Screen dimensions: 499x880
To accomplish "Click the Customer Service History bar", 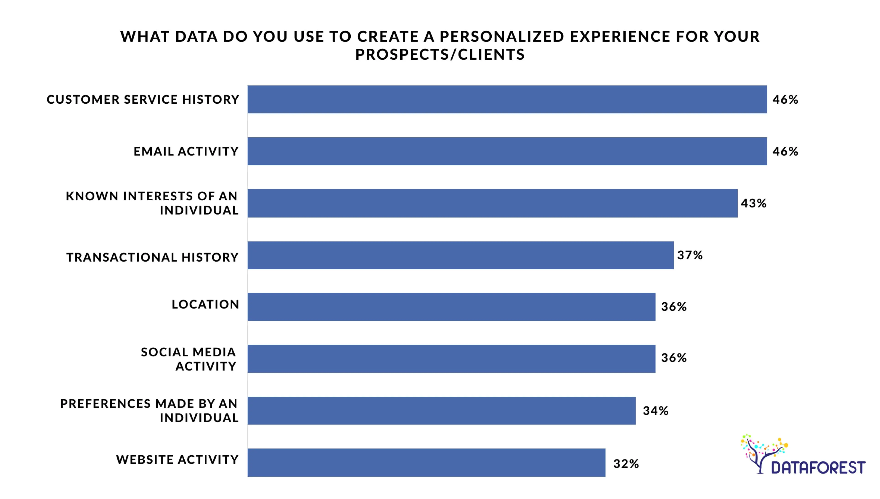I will [507, 99].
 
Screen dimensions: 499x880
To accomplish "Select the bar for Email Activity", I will [507, 151].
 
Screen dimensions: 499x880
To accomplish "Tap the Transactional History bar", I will [460, 255].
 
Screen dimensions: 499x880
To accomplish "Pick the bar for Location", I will [451, 307].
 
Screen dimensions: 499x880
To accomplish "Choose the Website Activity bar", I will [426, 462].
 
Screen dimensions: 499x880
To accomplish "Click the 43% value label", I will [753, 203].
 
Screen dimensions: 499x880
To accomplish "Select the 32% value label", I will [626, 464].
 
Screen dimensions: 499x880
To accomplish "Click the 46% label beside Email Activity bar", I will [785, 151].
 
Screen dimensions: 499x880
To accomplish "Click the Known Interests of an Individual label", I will [152, 203].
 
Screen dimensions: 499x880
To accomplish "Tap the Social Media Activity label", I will [188, 359].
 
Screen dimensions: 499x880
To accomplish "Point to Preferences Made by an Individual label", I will [149, 411].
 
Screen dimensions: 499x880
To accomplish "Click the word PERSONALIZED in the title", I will [502, 37].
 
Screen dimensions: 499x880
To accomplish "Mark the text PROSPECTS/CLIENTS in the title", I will [440, 54].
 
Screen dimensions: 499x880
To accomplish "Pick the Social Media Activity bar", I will [451, 359].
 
